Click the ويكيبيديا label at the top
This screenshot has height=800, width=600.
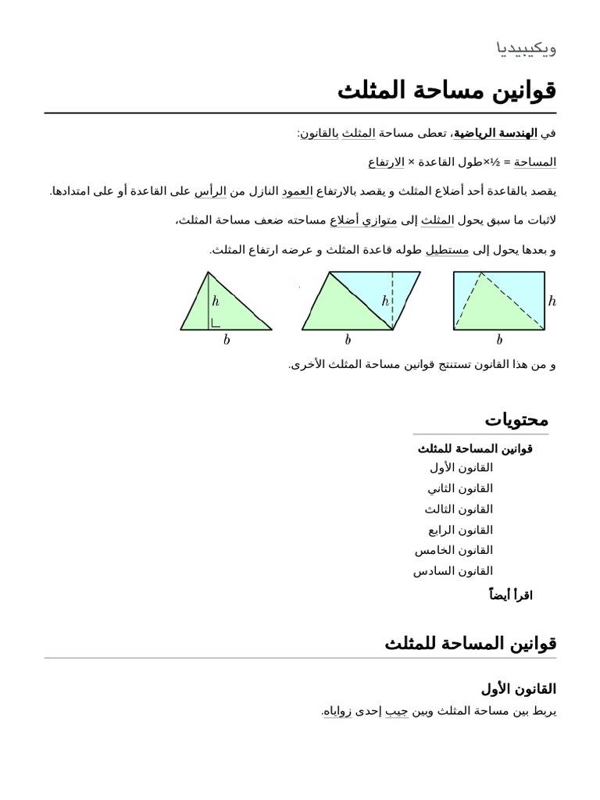[527, 48]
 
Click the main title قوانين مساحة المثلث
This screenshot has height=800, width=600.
[447, 91]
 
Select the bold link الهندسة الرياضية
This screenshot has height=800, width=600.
[495, 134]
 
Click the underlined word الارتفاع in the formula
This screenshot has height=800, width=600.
[386, 162]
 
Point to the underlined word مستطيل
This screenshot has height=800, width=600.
[450, 250]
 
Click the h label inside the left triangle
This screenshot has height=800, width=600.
[216, 301]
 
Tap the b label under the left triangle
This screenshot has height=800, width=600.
[227, 341]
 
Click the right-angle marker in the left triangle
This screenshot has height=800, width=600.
[215, 322]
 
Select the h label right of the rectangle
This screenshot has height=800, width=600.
[552, 302]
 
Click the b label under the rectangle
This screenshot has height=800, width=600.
[499, 341]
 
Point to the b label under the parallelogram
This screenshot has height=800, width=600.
[348, 341]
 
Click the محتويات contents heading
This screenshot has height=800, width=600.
[516, 420]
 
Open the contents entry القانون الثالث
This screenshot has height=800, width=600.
[459, 509]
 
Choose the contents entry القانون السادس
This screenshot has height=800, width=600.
[453, 571]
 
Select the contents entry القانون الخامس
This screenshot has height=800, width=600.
[454, 551]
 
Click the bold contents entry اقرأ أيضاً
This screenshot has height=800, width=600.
[510, 595]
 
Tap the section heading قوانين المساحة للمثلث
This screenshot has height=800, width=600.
[470, 644]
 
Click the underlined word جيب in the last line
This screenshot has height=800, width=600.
[396, 712]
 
